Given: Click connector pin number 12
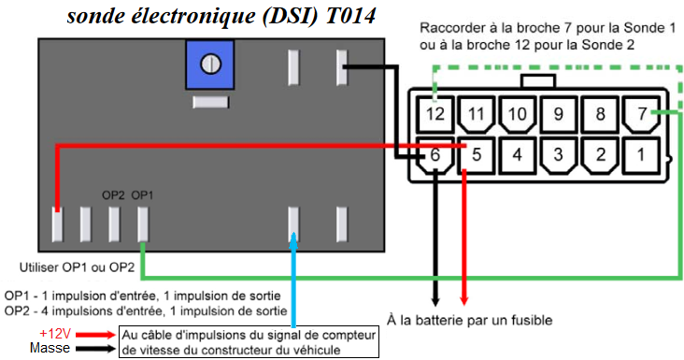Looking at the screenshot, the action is tap(435, 114).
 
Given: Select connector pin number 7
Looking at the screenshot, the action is tap(641, 114).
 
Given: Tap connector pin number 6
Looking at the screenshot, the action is tap(435, 155).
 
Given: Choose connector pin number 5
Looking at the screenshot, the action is tap(476, 155).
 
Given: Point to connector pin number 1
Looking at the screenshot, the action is tap(641, 155).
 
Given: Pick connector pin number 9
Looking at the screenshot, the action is tap(559, 114).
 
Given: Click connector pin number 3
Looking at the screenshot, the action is tap(559, 155).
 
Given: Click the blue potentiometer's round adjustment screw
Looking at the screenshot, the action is tap(210, 65).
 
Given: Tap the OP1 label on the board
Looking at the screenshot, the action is tap(142, 195).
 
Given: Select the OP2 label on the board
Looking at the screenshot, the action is tap(113, 195).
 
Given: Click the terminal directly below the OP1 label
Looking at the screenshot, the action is tap(143, 224).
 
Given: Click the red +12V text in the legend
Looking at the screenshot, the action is tap(55, 334).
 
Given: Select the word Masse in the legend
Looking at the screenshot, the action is tap(50, 348).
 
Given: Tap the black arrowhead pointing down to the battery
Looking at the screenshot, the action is tap(435, 301).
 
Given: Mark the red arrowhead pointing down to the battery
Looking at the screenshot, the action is tap(464, 301).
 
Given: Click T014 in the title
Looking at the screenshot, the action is tap(350, 17).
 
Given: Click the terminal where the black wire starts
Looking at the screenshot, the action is tap(342, 67).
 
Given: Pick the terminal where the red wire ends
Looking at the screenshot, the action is tap(57, 224).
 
